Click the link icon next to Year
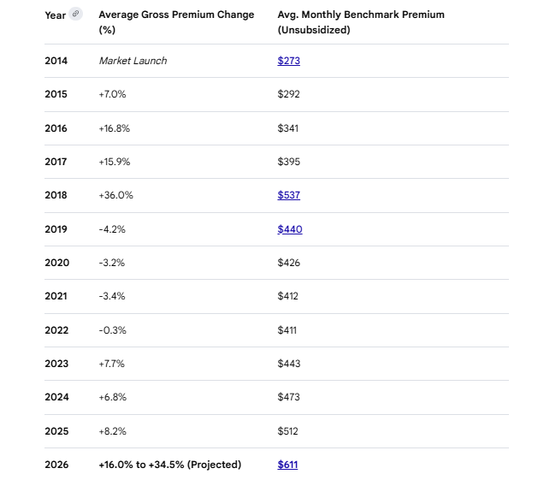coord(75,14)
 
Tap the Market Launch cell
coord(133,61)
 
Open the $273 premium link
coord(288,61)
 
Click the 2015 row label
coord(56,94)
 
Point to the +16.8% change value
coord(115,128)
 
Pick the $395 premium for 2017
coord(288,162)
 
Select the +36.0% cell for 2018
coord(115,195)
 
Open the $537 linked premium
coord(288,195)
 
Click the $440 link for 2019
coord(289,229)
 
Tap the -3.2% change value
coord(112,263)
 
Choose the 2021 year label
coord(56,296)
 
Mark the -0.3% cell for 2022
coord(112,330)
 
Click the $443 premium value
coord(288,364)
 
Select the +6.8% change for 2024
coord(112,397)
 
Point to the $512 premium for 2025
coord(288,431)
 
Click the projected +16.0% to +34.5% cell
coord(169,465)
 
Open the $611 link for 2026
coord(287,465)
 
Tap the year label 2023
coord(56,364)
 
